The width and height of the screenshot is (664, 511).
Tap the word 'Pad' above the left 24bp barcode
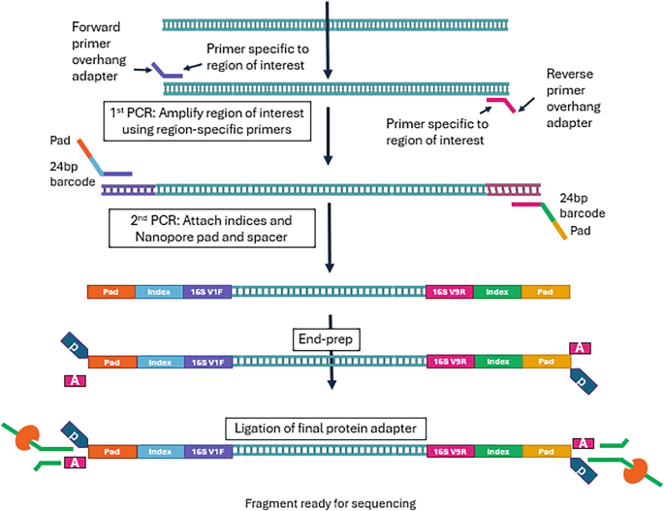60,141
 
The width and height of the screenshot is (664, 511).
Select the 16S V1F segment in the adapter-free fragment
207,290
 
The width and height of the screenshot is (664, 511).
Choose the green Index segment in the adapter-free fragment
497,290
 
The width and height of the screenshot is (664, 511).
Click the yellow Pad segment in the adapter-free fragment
546,290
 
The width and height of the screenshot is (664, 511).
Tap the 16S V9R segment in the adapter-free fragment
450,290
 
